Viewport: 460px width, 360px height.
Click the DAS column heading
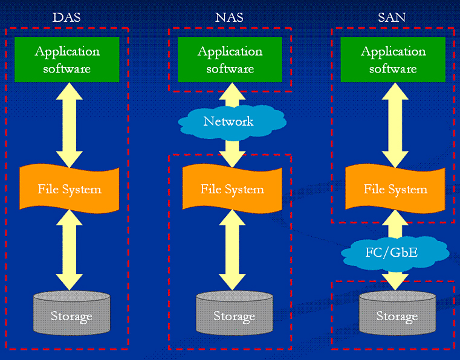click(x=66, y=18)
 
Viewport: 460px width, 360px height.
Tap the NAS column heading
click(x=229, y=18)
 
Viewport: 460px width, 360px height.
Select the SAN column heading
click(x=392, y=18)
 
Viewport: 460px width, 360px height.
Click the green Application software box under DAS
click(x=67, y=60)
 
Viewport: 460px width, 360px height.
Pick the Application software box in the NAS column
click(x=230, y=60)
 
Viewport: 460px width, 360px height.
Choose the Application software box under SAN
click(x=393, y=60)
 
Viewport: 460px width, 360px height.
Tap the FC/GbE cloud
click(x=395, y=253)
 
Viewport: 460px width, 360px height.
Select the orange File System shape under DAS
click(x=70, y=189)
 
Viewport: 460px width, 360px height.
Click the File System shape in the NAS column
click(x=232, y=189)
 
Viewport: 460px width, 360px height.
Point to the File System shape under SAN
click(x=395, y=189)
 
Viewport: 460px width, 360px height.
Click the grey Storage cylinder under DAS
click(x=71, y=313)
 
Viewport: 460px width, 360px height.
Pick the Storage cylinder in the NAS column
click(x=235, y=313)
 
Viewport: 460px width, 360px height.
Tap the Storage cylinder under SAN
click(x=398, y=313)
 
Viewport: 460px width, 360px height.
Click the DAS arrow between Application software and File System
click(x=70, y=125)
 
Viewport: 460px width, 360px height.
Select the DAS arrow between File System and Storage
click(x=70, y=250)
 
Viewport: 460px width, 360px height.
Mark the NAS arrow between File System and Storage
click(x=232, y=250)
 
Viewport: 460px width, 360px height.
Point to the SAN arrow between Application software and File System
click(x=395, y=125)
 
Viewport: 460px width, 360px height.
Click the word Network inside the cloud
click(x=228, y=121)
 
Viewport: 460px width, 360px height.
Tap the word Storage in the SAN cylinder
click(x=397, y=317)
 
